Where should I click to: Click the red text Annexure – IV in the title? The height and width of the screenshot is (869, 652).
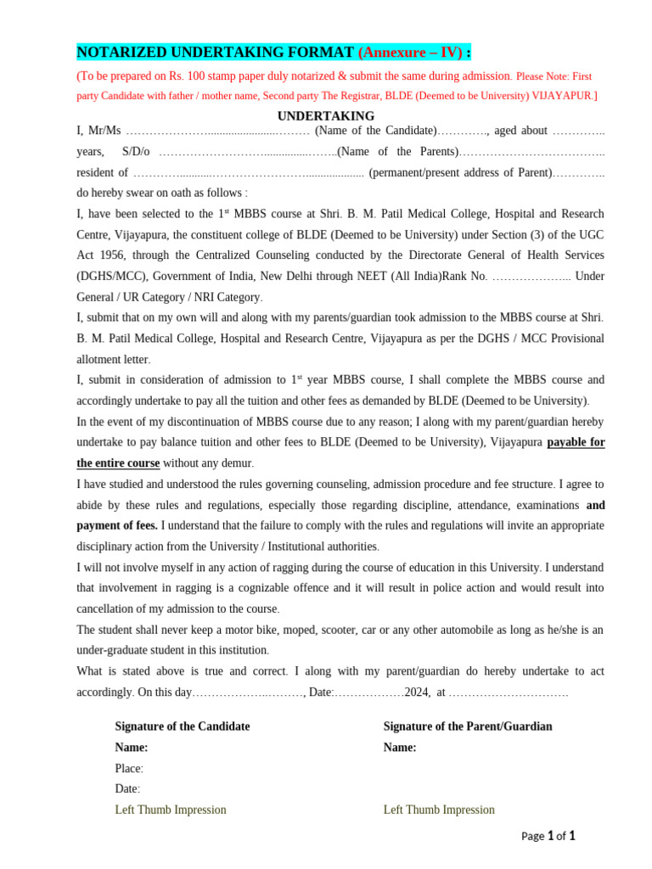tap(410, 53)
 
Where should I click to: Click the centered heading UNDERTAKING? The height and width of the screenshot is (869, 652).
tap(326, 116)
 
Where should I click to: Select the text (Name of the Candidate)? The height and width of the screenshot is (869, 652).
tap(375, 131)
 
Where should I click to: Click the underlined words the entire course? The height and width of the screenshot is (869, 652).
tap(118, 463)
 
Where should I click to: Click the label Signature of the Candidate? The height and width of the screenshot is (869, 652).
tap(183, 726)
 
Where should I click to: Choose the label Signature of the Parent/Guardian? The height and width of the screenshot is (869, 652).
tap(468, 726)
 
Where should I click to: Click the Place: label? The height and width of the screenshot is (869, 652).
tap(129, 768)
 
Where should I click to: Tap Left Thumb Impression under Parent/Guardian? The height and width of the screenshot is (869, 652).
tap(439, 810)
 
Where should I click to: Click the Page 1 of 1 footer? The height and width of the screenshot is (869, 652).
tap(548, 836)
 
